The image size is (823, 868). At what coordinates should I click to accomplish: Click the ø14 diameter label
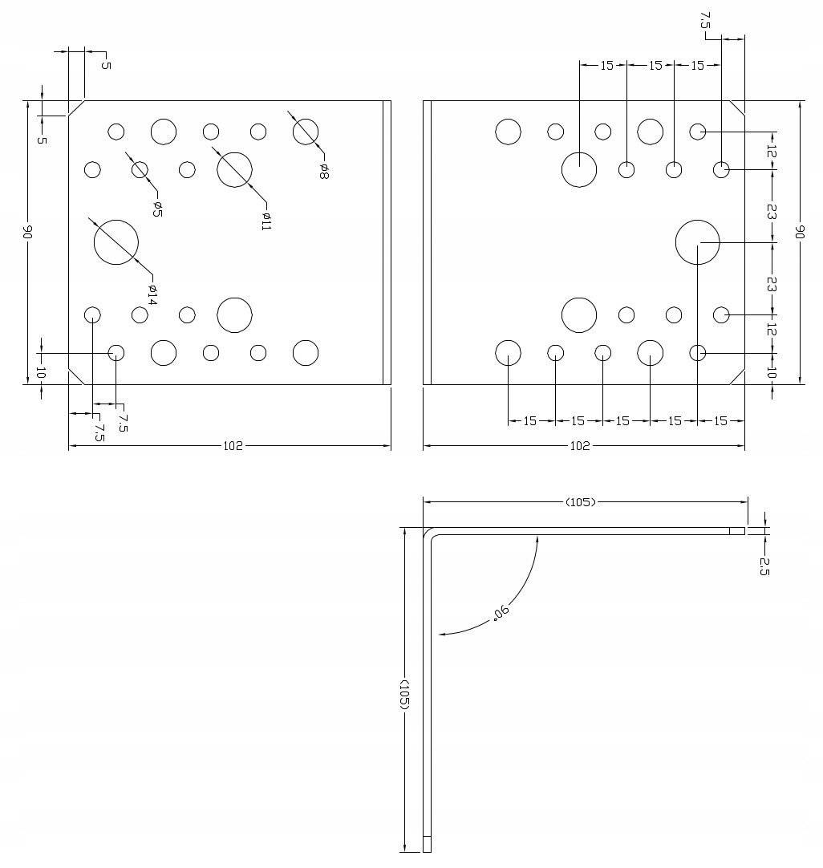[x=152, y=294]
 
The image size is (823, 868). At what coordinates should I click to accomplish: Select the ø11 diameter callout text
[x=266, y=221]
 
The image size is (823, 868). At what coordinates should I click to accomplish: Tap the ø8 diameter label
[x=323, y=170]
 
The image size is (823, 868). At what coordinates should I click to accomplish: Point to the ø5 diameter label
[x=157, y=209]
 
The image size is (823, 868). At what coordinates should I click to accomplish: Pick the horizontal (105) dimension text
[x=581, y=502]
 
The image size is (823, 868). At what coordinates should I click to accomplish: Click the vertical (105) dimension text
[x=404, y=695]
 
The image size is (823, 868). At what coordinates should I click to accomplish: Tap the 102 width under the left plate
[x=233, y=446]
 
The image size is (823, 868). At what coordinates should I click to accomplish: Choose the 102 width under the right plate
[x=579, y=446]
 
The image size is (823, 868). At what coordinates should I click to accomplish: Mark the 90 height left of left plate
[x=26, y=233]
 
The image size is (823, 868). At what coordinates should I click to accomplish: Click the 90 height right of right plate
[x=799, y=232]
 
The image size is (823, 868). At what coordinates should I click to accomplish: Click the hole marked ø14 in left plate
[x=116, y=241]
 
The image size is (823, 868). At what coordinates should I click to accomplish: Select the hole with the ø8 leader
[x=306, y=132]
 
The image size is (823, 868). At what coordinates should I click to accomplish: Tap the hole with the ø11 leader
[x=234, y=169]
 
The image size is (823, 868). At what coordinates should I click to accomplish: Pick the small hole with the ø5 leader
[x=140, y=169]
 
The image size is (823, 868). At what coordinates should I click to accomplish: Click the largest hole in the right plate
[x=697, y=242]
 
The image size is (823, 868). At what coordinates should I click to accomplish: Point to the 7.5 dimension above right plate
[x=704, y=21]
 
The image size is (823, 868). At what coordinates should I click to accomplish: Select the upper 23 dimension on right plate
[x=772, y=212]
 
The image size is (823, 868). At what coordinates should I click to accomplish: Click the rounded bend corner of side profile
[x=429, y=534]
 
